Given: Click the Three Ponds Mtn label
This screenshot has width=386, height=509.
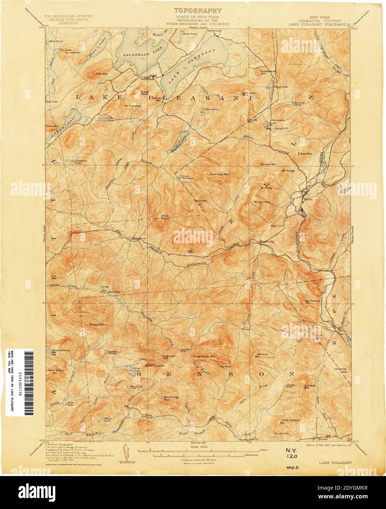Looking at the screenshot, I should [204, 356].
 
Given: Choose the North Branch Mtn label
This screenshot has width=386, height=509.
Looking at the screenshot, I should [53, 372].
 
